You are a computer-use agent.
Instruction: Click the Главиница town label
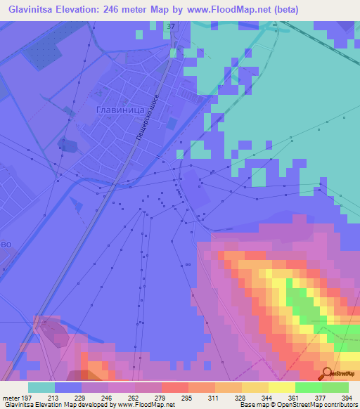click(x=120, y=110)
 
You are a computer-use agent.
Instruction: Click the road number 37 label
click(x=171, y=26)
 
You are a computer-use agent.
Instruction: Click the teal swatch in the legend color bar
click(x=41, y=387)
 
